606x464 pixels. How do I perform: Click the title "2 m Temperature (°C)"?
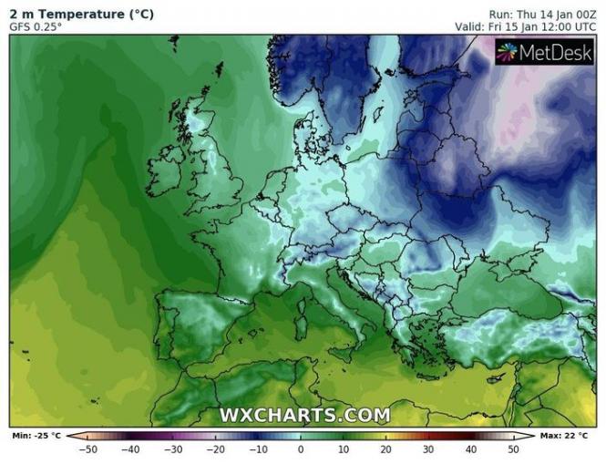point(82,14)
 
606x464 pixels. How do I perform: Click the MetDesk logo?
point(544,52)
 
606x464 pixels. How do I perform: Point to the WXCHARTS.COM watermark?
point(304,416)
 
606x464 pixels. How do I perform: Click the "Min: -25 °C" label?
point(34,437)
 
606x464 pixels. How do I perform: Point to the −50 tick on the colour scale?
point(88,449)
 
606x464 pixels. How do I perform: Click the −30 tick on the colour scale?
point(173,449)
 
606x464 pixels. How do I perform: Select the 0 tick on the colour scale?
point(301,449)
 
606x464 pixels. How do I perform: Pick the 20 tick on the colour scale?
point(385,449)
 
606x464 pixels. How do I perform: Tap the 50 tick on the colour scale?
point(513,449)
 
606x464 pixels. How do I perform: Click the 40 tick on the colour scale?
point(470,449)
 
